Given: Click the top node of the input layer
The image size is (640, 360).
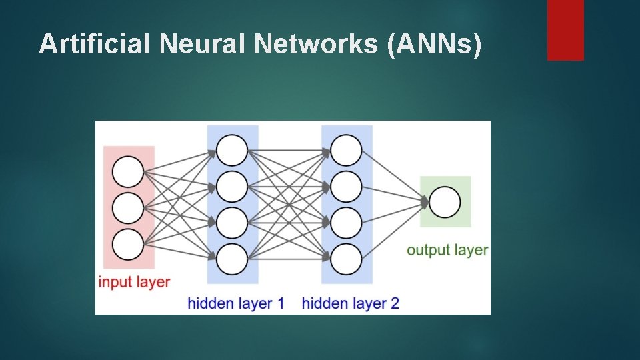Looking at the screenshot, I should pyautogui.click(x=128, y=172).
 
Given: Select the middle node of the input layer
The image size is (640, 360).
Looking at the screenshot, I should pyautogui.click(x=128, y=208).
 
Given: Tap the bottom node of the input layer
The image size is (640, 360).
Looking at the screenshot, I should pyautogui.click(x=128, y=244).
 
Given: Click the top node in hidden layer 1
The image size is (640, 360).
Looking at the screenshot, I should pyautogui.click(x=232, y=150).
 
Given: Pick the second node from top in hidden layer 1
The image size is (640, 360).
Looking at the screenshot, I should pyautogui.click(x=232, y=187).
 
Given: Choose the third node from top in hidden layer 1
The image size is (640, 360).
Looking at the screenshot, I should pyautogui.click(x=232, y=223).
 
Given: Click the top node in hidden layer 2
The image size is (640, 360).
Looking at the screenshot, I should pyautogui.click(x=346, y=150).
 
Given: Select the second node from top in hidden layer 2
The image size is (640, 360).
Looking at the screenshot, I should pyautogui.click(x=346, y=187).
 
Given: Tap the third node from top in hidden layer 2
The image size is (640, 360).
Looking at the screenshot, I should pyautogui.click(x=346, y=223).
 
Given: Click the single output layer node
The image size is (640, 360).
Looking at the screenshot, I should pyautogui.click(x=445, y=202).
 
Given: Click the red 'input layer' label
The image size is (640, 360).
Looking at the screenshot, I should pyautogui.click(x=134, y=282).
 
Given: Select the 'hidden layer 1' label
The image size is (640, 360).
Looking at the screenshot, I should pyautogui.click(x=236, y=304).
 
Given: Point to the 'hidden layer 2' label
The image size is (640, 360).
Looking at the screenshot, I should pyautogui.click(x=350, y=304).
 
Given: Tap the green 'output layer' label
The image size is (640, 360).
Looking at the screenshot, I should pyautogui.click(x=447, y=251).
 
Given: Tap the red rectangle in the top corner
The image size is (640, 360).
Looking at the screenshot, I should pyautogui.click(x=565, y=29).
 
